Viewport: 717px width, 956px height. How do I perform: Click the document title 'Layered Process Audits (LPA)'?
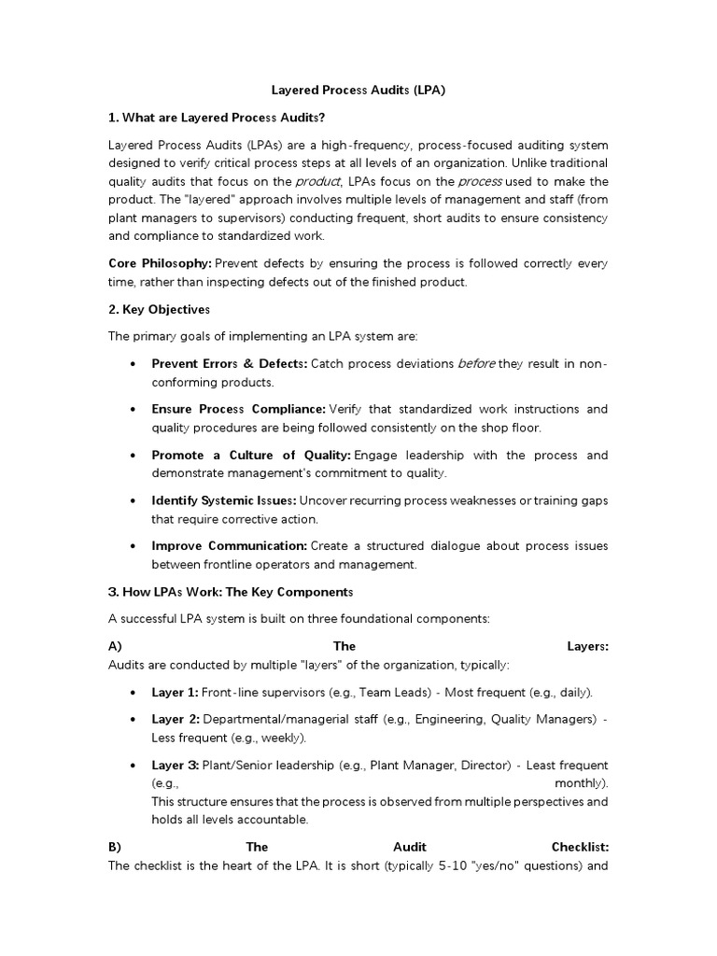[358, 91]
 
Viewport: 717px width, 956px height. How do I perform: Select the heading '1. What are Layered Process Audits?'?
[217, 118]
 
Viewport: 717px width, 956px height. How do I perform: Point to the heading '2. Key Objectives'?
[160, 309]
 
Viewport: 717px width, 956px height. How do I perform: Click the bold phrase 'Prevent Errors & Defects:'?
[229, 364]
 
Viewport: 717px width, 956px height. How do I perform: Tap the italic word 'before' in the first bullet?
[476, 364]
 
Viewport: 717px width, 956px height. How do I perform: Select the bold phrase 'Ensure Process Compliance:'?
[238, 409]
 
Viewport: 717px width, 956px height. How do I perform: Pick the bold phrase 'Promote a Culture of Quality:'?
[251, 455]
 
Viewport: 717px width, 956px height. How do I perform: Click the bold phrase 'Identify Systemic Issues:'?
[224, 500]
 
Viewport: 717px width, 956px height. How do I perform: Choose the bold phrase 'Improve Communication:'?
[229, 545]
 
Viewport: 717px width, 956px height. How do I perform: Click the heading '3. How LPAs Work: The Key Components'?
[231, 592]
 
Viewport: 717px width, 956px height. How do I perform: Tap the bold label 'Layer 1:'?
[176, 692]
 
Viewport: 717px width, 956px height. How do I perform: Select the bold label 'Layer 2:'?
[176, 719]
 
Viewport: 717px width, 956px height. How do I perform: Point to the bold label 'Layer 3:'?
[176, 765]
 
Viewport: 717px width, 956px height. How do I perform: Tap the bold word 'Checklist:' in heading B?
[580, 847]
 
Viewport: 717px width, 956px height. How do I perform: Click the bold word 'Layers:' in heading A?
[587, 646]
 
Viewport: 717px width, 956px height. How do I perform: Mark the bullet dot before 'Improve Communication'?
[136, 545]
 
